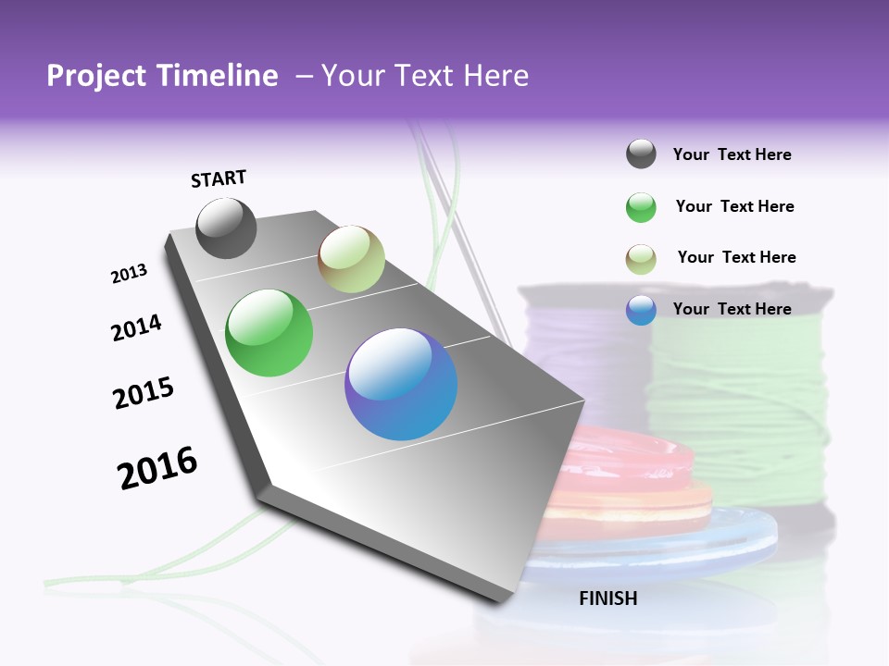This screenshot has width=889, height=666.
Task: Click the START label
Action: tap(219, 179)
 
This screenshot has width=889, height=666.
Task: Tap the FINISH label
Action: tap(607, 598)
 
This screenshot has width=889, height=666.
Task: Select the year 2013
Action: tap(129, 274)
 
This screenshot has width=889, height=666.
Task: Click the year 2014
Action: tap(136, 327)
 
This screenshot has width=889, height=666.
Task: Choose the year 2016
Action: tap(157, 468)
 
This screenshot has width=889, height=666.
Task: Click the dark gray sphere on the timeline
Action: tap(226, 228)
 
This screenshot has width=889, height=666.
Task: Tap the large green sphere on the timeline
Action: tap(269, 333)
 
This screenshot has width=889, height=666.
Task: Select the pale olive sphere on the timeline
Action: tap(351, 259)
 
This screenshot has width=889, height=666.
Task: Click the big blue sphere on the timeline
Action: tap(401, 384)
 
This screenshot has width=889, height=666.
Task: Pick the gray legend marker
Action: tap(641, 154)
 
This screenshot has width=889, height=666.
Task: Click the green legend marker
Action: tap(641, 207)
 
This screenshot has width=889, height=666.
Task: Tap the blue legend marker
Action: tap(641, 310)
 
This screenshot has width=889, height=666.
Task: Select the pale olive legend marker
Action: tap(641, 258)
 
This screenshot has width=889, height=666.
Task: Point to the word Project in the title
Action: tap(95, 76)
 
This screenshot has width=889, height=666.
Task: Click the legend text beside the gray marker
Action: tap(732, 154)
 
